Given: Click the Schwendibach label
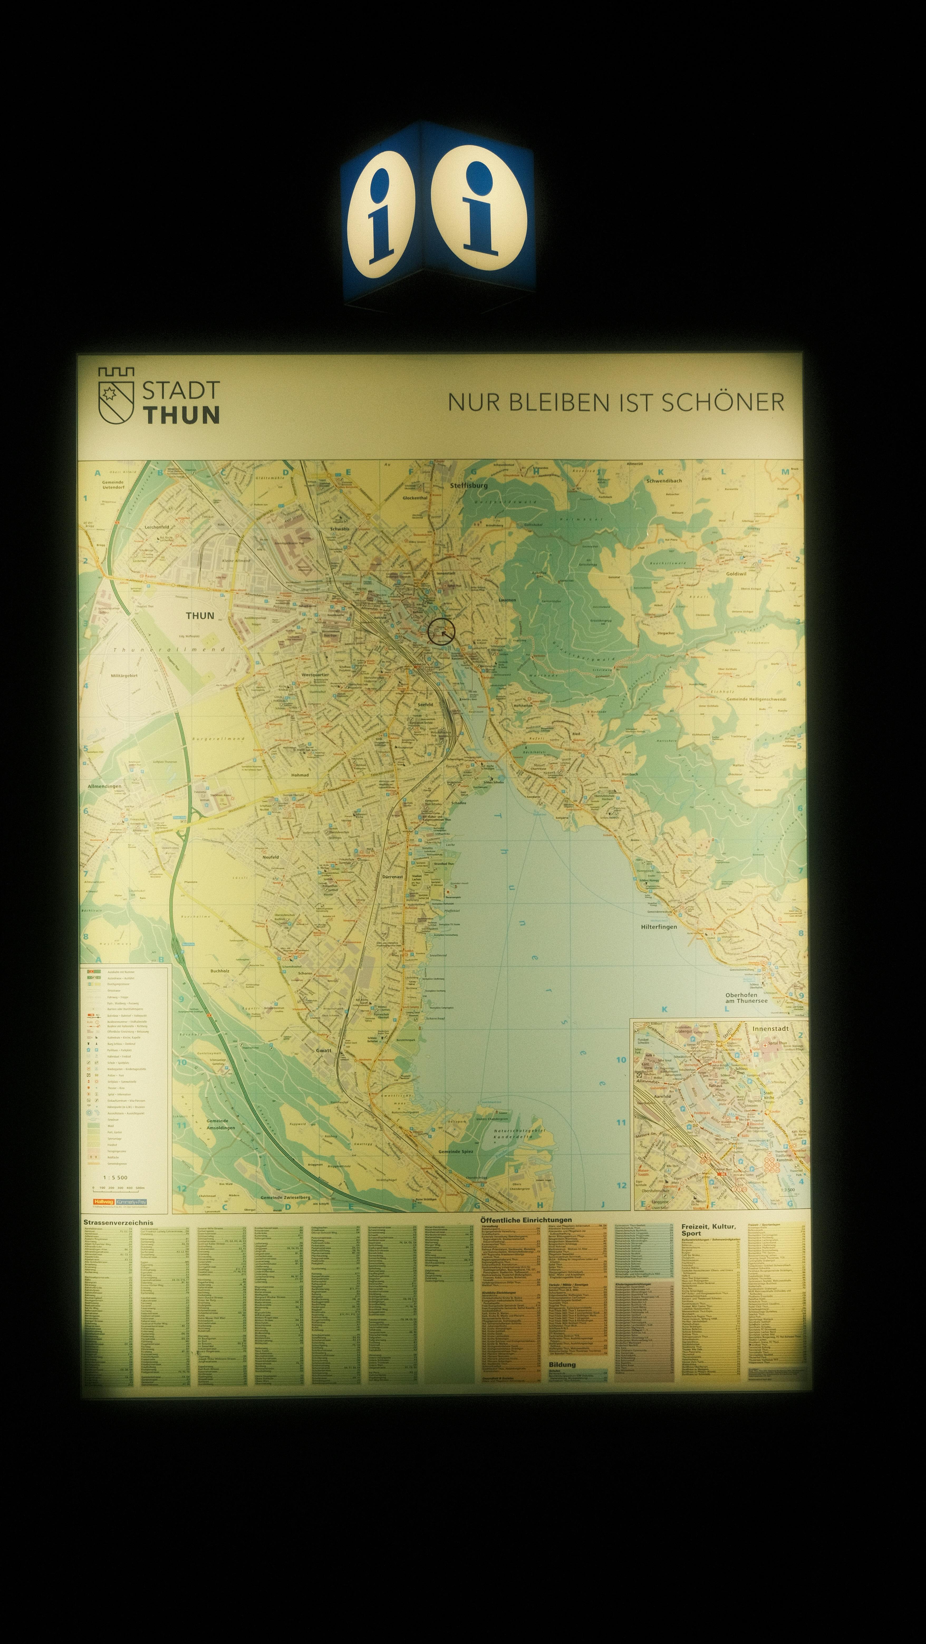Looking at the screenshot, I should pyautogui.click(x=664, y=481).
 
